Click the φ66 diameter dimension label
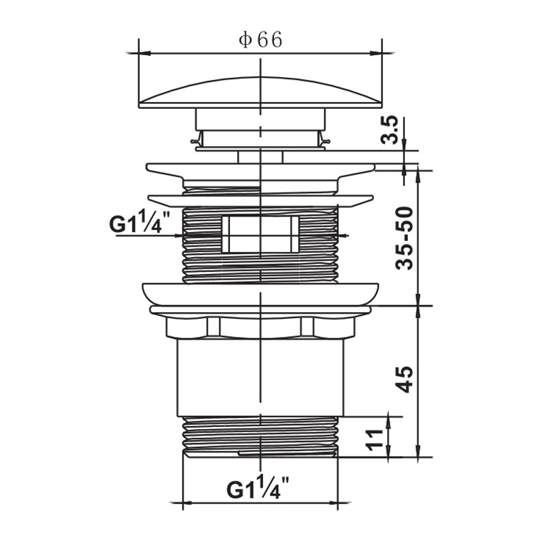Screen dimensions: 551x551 coord(260,40)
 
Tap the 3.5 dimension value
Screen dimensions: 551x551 coord(390,129)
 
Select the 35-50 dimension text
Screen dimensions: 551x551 coord(404,238)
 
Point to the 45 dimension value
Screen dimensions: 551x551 coord(404,380)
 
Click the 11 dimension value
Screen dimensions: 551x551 coord(375,439)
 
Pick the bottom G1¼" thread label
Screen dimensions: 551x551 coord(258,488)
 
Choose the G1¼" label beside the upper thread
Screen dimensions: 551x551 coord(140,222)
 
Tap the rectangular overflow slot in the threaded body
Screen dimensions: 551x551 coord(260,234)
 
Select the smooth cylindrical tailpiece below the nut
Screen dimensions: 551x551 coord(260,377)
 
